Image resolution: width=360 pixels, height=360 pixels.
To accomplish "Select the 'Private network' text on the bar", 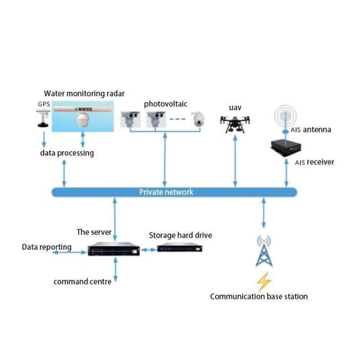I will point(166,192).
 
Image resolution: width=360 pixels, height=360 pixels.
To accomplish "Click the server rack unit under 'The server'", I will point(114,250).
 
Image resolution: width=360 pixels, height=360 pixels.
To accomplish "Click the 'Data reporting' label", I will point(47,246).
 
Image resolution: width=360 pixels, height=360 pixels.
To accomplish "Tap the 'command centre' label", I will point(83,281).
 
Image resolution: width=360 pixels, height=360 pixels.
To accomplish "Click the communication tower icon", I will point(263,251).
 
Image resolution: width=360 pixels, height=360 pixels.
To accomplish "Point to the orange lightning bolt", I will point(263,280).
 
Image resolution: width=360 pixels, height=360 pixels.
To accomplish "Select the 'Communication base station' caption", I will point(259,296).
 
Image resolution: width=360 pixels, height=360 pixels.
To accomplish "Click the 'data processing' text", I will point(66,152).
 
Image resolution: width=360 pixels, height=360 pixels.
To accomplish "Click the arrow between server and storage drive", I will point(148,250).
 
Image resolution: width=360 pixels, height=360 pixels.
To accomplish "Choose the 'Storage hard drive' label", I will point(181,235).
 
